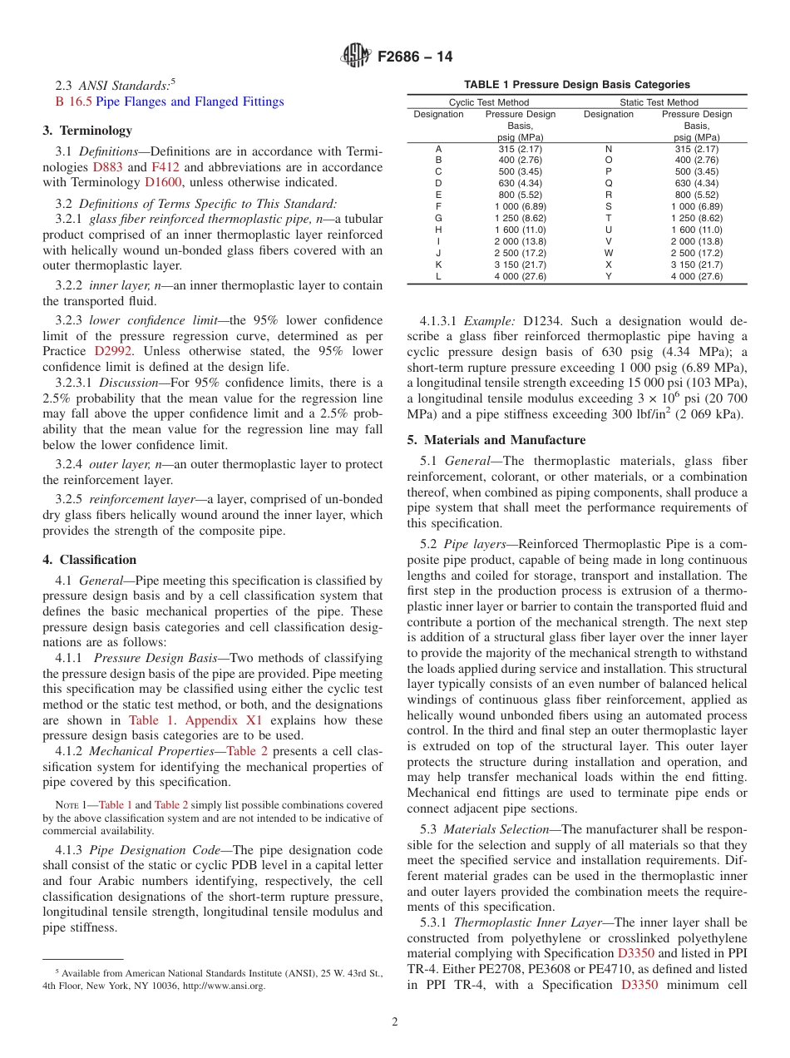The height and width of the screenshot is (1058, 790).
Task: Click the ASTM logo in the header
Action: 356,57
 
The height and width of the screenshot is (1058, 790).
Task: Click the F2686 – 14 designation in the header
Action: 415,57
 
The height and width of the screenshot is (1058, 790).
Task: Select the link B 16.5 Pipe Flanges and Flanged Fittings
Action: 169,101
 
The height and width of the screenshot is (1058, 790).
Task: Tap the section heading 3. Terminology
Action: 87,131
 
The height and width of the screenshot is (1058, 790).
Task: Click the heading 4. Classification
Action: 90,560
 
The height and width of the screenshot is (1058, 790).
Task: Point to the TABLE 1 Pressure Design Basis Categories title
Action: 576,84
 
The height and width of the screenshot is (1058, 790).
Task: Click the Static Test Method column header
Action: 659,103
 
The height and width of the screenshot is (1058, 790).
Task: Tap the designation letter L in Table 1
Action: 438,276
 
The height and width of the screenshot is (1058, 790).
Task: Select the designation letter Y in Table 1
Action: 608,276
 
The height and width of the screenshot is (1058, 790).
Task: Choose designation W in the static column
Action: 608,253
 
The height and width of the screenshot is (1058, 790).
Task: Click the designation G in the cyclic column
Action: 438,218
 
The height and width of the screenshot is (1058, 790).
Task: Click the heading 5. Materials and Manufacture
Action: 496,440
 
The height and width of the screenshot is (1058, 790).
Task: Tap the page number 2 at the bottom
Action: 395,1022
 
